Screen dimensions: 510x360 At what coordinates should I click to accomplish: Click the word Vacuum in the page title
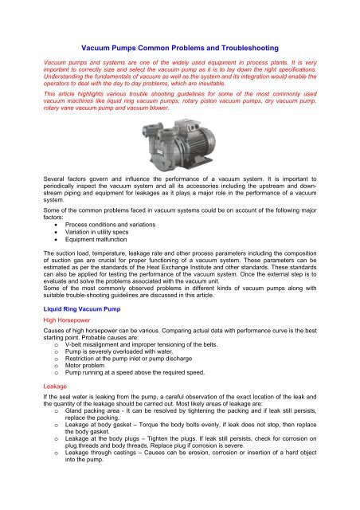coord(102,48)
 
